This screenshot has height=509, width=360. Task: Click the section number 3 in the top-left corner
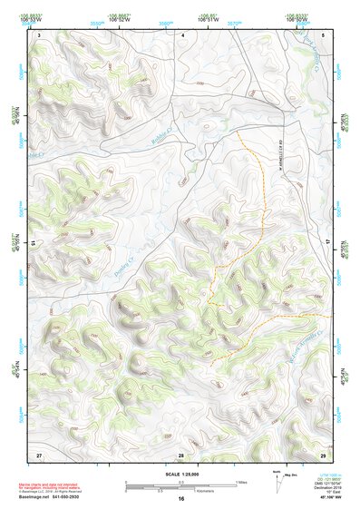click(x=39, y=34)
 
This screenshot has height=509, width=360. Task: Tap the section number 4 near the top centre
click(x=183, y=34)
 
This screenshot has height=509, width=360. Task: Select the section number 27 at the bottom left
click(x=39, y=453)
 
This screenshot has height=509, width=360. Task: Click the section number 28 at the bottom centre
click(x=181, y=453)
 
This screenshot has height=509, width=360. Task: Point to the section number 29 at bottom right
click(x=322, y=453)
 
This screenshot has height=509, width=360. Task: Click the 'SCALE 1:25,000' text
click(x=180, y=474)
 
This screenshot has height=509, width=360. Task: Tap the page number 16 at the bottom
click(x=180, y=499)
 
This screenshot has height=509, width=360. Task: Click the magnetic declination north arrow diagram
click(x=278, y=483)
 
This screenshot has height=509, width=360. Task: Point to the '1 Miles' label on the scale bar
click(x=240, y=482)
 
